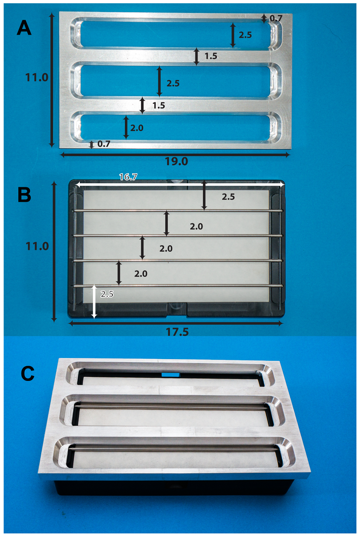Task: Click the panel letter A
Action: (24, 28)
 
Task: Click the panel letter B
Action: (24, 195)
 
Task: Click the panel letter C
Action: (28, 373)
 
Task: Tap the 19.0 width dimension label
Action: (176, 161)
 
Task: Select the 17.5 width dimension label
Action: (177, 332)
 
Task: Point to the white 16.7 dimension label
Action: (128, 177)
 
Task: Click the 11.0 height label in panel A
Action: (37, 77)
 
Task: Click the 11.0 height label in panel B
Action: (37, 246)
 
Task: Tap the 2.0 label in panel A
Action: (137, 128)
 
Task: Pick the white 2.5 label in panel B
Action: (107, 294)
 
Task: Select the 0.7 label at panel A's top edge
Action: (276, 18)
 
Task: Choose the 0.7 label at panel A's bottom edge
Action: (104, 144)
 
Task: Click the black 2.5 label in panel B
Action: (228, 197)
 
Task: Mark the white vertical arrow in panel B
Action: (94, 301)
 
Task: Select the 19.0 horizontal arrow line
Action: (176, 155)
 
